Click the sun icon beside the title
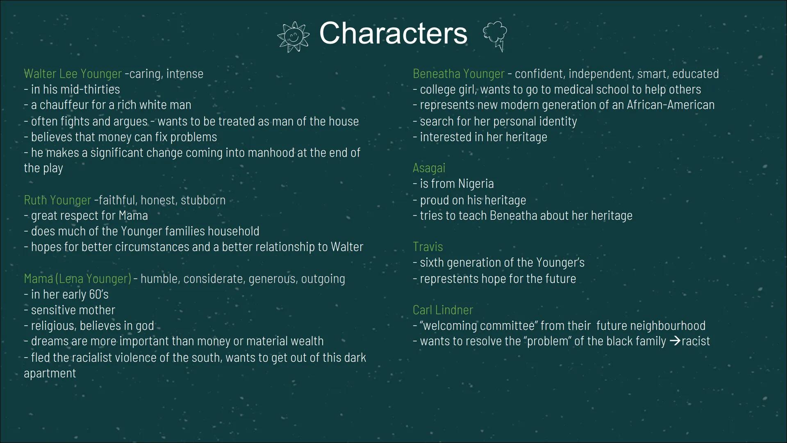293,37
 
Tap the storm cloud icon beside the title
495,37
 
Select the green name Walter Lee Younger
73,74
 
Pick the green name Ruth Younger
57,200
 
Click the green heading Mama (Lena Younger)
77,279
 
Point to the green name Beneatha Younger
458,74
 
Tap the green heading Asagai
429,168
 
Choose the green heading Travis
428,247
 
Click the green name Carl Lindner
443,310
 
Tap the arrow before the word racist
675,341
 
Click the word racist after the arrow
696,341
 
